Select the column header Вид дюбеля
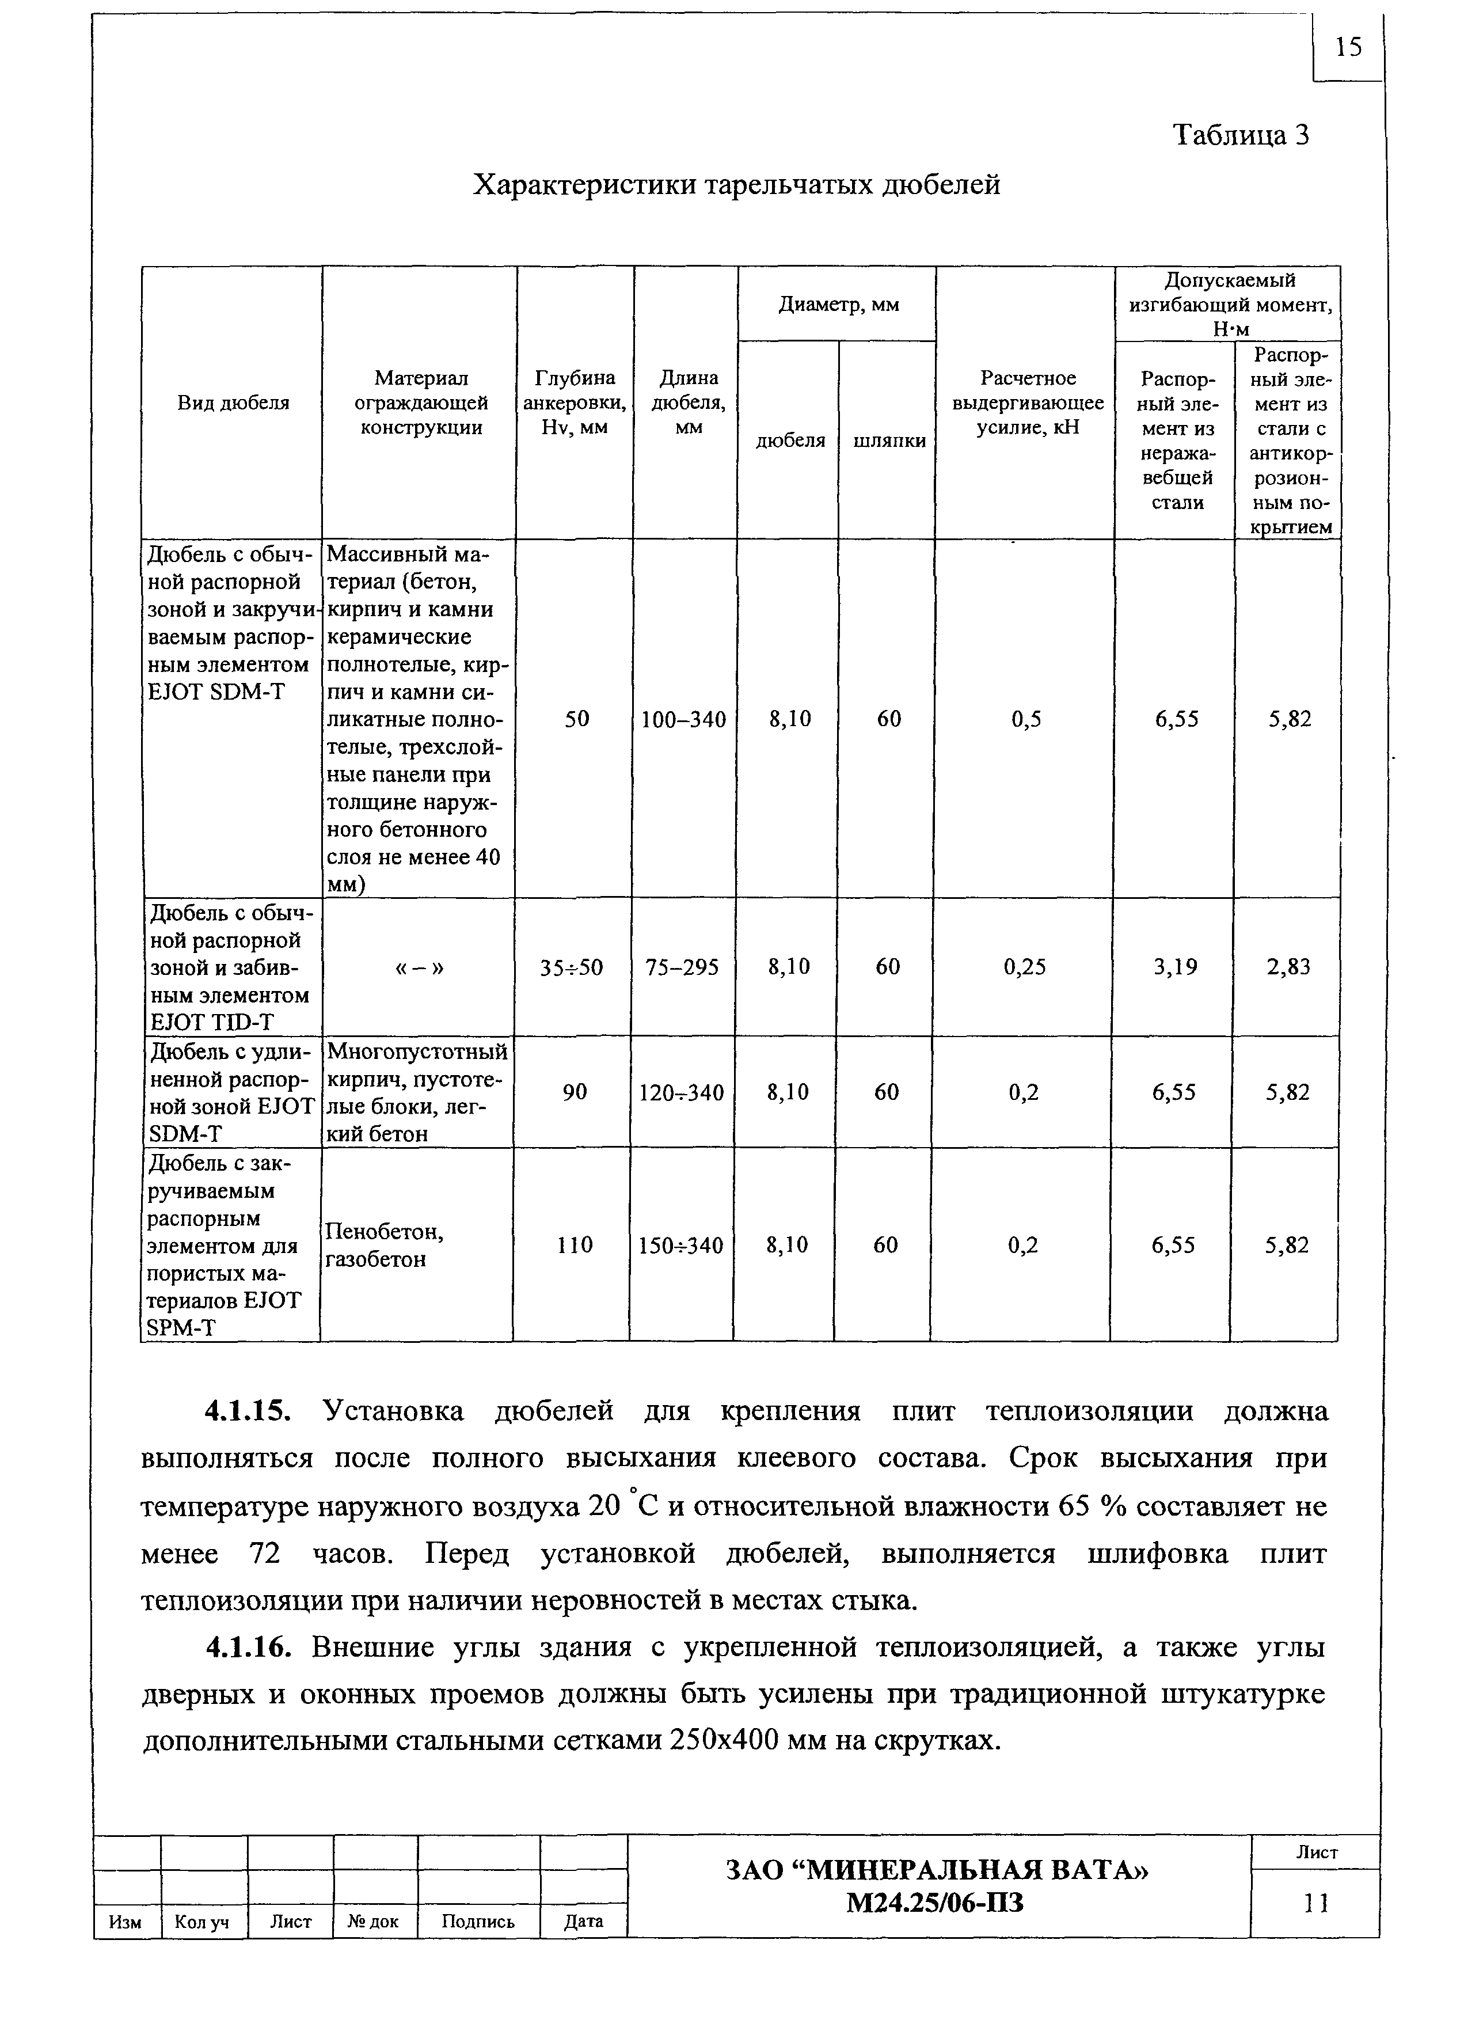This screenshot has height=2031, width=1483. [233, 403]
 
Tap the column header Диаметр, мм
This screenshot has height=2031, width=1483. [838, 305]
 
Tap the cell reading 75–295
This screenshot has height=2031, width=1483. [682, 967]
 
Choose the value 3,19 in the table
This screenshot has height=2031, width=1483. [1175, 967]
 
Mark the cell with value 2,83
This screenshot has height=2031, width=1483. [1288, 967]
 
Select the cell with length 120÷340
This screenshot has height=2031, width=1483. [682, 1092]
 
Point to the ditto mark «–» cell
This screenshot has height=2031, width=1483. [419, 967]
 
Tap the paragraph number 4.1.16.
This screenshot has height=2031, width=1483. [249, 1647]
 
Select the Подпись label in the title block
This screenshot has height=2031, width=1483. [478, 1922]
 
